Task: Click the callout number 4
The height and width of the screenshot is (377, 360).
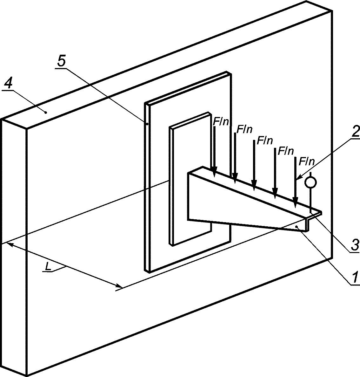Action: click(8, 84)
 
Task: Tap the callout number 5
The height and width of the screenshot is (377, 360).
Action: click(62, 62)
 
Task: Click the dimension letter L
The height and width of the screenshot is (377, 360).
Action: click(48, 267)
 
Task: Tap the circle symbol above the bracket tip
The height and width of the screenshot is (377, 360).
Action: click(310, 182)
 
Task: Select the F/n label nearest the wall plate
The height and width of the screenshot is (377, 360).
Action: click(221, 122)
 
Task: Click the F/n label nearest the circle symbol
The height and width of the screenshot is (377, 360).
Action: click(306, 162)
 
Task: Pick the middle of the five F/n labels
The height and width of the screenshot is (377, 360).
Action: click(265, 141)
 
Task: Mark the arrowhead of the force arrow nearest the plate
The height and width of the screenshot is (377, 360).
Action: click(214, 173)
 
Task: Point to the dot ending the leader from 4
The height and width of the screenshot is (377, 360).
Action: click(46, 112)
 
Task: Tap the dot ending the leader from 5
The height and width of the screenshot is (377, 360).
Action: click(147, 124)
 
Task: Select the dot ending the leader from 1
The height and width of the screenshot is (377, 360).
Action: click(297, 227)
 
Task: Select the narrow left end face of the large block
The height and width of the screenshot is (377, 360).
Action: click(14, 248)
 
